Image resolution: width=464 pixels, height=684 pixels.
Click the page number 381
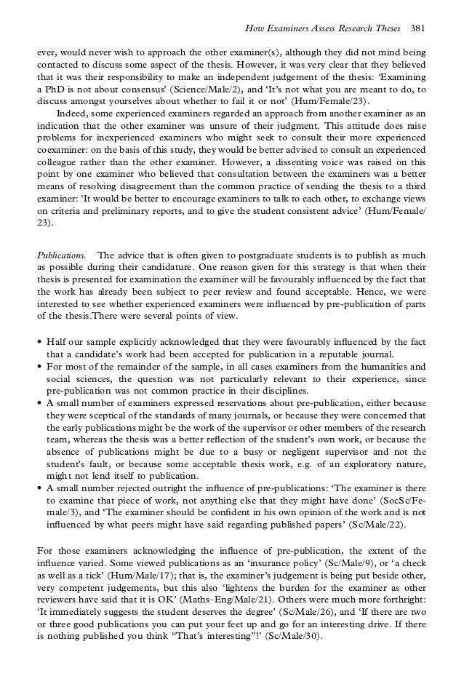(x=417, y=28)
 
